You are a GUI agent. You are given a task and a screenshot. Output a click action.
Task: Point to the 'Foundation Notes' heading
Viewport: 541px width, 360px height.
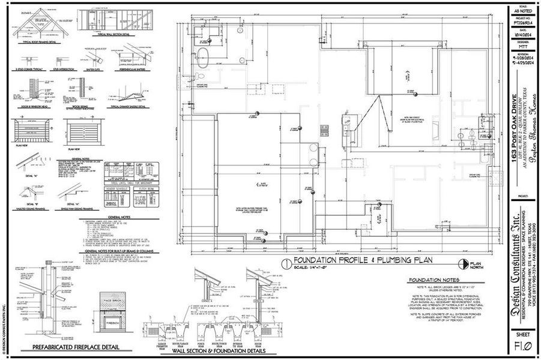pos(434,280)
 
